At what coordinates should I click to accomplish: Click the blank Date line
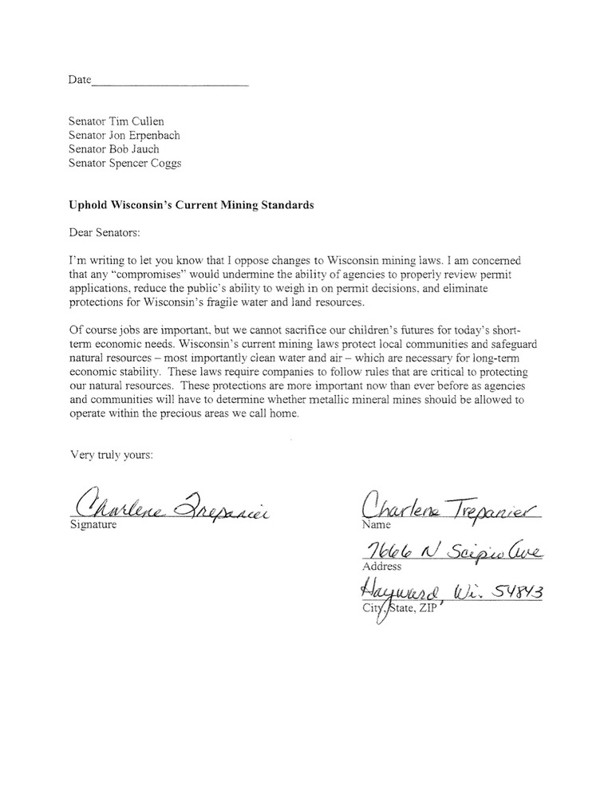tap(169, 81)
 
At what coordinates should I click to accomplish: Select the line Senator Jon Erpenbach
tap(124, 136)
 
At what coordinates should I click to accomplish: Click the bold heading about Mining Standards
tap(191, 205)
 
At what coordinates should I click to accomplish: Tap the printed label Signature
tap(92, 525)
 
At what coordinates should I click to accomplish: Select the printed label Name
tap(376, 525)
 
